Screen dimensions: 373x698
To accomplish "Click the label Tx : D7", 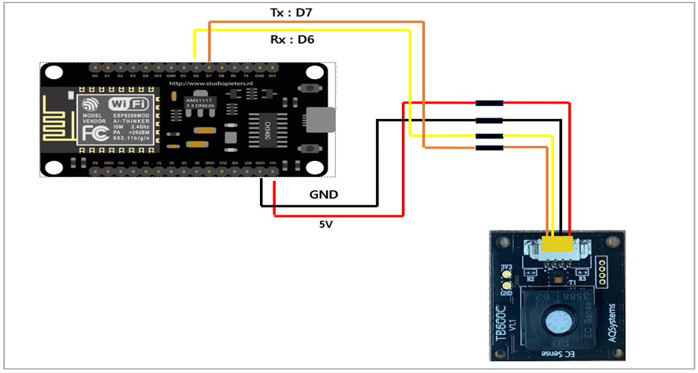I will point(291,13).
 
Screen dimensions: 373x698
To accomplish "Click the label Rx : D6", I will point(292,40).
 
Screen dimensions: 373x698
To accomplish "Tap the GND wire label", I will point(323,195).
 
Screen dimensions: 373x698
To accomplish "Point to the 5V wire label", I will point(326,224).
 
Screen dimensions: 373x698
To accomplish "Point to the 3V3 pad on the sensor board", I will point(506,268).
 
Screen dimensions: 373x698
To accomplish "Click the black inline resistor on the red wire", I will point(490,103).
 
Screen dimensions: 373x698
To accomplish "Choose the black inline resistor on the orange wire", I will point(490,147).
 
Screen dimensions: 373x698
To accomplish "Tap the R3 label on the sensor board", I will point(583,279).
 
